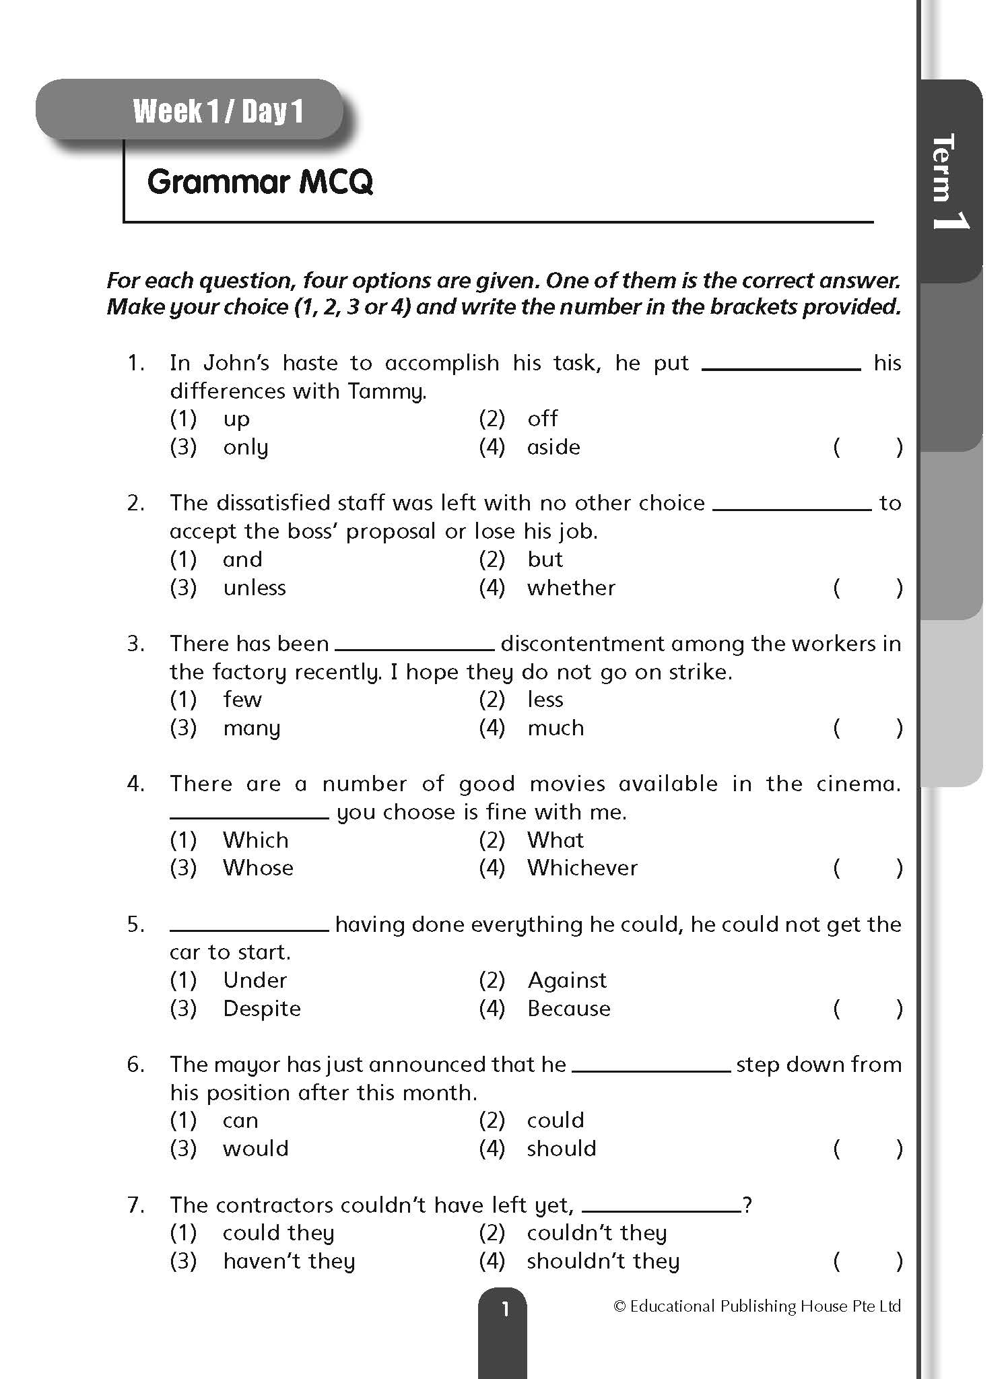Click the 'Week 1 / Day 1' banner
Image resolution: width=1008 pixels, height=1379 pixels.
click(x=217, y=111)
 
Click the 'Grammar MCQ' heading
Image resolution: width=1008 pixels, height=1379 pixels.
click(x=260, y=182)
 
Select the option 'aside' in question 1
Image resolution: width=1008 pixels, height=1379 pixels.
click(x=553, y=447)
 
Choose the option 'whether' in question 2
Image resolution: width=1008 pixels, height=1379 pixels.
click(x=571, y=588)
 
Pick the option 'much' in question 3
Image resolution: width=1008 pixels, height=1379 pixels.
click(x=556, y=728)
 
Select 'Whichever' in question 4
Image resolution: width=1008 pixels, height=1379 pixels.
click(x=582, y=868)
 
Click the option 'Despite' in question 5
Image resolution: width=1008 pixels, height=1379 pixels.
click(x=262, y=1009)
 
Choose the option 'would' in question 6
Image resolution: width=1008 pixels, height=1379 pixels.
click(x=256, y=1149)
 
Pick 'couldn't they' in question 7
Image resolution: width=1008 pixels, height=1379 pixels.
click(x=597, y=1233)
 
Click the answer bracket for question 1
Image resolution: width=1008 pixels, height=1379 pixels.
click(x=867, y=447)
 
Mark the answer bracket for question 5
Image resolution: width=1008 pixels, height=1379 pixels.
click(x=867, y=1009)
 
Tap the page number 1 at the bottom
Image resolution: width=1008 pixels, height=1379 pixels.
click(x=504, y=1310)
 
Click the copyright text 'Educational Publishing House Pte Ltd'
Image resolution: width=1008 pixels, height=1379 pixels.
click(x=757, y=1306)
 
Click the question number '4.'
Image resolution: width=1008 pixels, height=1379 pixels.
click(x=136, y=784)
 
